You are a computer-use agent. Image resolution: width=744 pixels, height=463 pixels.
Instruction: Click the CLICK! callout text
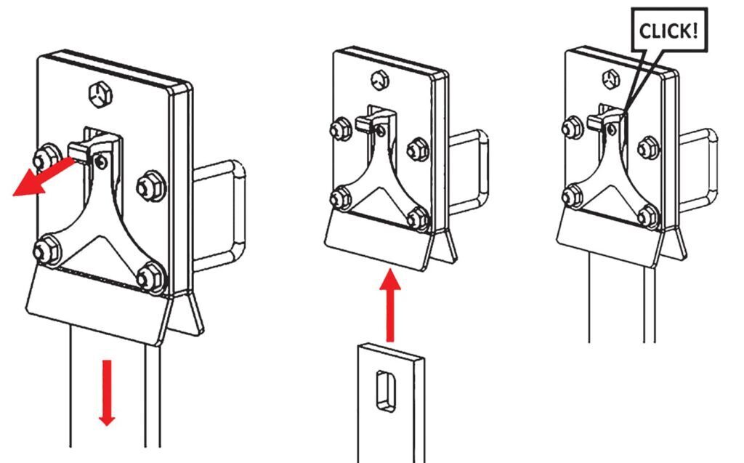click(668, 31)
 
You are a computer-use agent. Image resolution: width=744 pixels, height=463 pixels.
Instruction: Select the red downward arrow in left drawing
click(107, 392)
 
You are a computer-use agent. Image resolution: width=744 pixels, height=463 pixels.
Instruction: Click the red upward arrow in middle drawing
click(390, 305)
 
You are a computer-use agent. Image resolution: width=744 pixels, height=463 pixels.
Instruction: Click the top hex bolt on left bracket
click(100, 94)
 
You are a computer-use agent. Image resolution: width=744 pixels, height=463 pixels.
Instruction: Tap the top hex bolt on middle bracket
click(379, 80)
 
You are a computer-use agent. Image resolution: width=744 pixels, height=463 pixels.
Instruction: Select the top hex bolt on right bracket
click(611, 78)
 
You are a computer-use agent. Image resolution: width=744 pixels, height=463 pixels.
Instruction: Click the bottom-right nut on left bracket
click(151, 277)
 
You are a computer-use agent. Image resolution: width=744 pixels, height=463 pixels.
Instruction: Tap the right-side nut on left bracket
click(151, 186)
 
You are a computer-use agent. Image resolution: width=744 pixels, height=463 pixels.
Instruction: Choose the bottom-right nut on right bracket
click(648, 217)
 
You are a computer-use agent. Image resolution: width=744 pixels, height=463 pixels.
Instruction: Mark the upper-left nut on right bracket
click(573, 128)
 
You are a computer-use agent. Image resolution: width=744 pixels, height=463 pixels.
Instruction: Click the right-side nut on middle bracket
click(418, 149)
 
